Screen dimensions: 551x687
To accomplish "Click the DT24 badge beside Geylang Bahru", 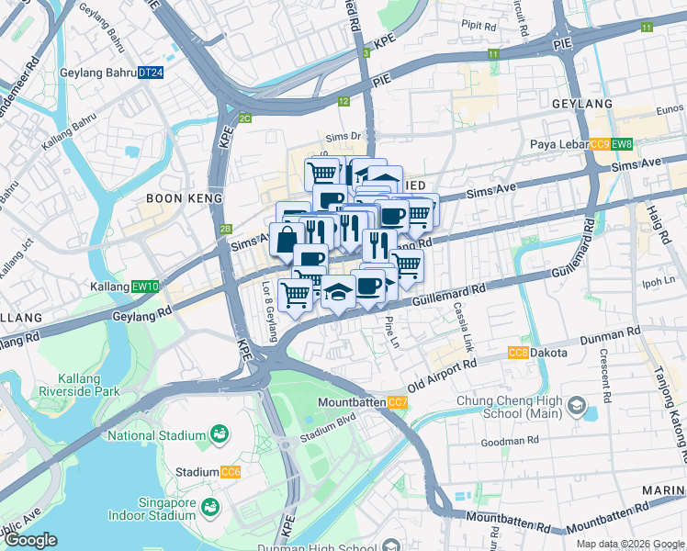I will pos(151,73).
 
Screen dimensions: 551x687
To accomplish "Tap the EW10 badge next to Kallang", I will pos(146,287).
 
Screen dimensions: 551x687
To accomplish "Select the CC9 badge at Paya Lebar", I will pos(600,144).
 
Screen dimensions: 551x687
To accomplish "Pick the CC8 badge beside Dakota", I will pos(518,353).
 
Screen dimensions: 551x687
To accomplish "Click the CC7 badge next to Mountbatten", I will pos(398,403).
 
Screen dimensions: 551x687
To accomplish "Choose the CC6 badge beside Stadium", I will pos(231,472).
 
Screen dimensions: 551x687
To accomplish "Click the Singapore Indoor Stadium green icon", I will pos(210,507).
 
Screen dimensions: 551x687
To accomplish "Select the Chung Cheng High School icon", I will pos(576,405).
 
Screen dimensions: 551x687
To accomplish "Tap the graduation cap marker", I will pos(337,292).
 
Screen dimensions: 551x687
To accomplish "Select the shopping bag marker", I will pos(287,240).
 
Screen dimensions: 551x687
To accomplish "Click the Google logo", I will pos(30,540).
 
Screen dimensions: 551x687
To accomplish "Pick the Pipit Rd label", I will pos(478,24).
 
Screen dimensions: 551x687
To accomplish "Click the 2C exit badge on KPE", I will pos(244,118).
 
